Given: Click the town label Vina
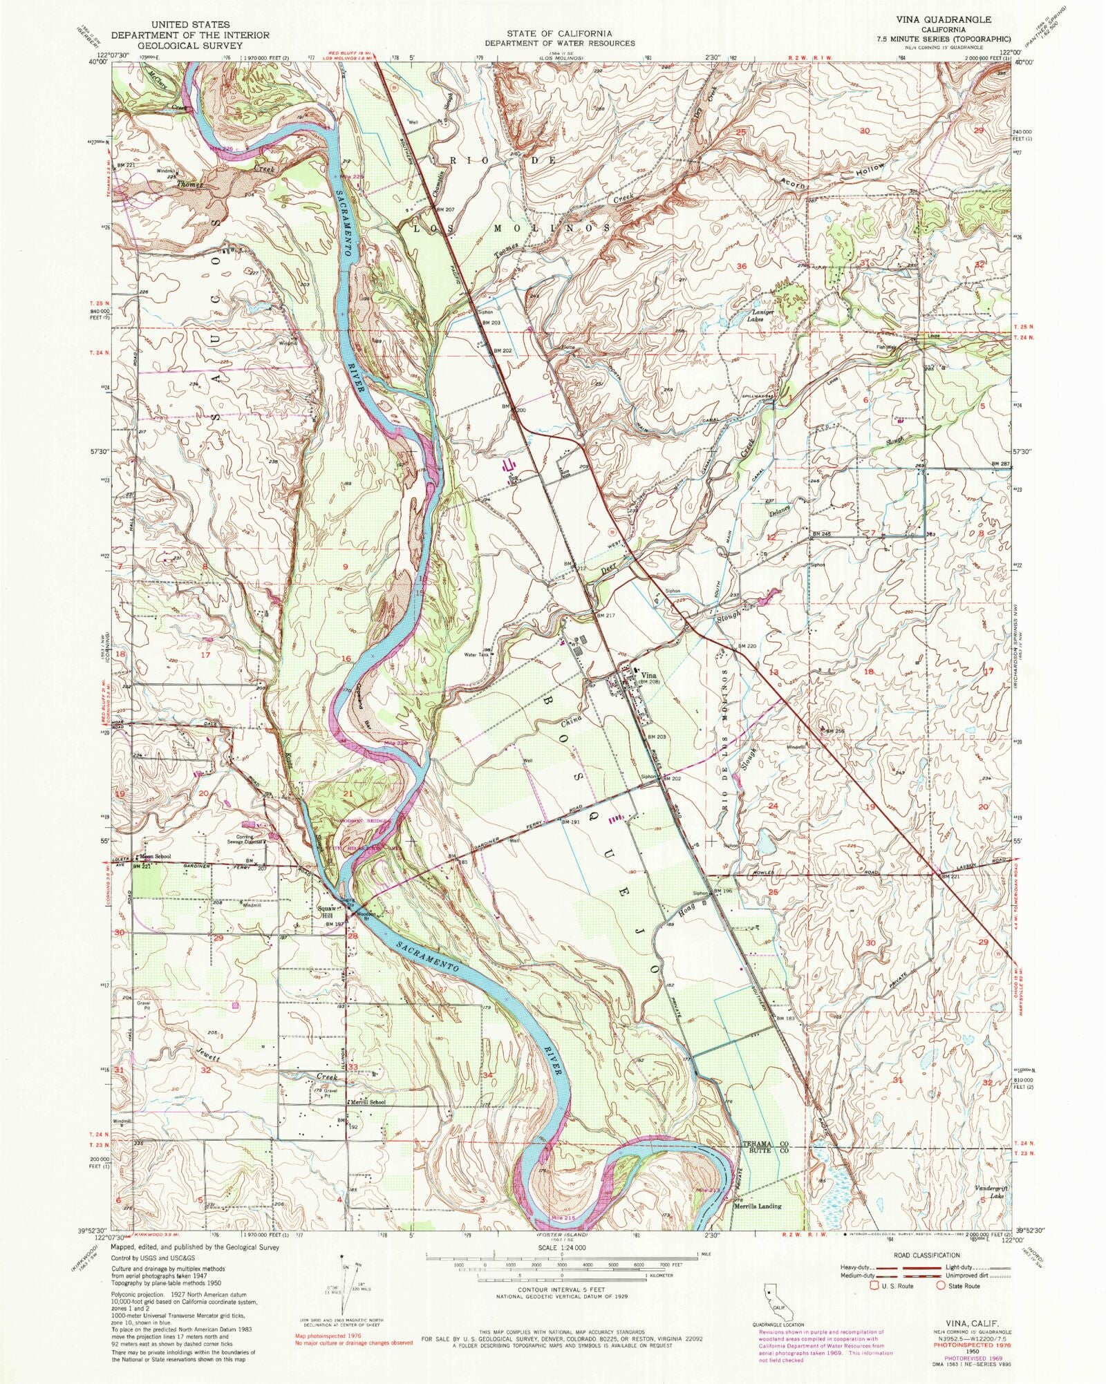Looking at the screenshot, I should click(648, 675).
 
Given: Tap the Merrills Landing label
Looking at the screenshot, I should click(756, 1206).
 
